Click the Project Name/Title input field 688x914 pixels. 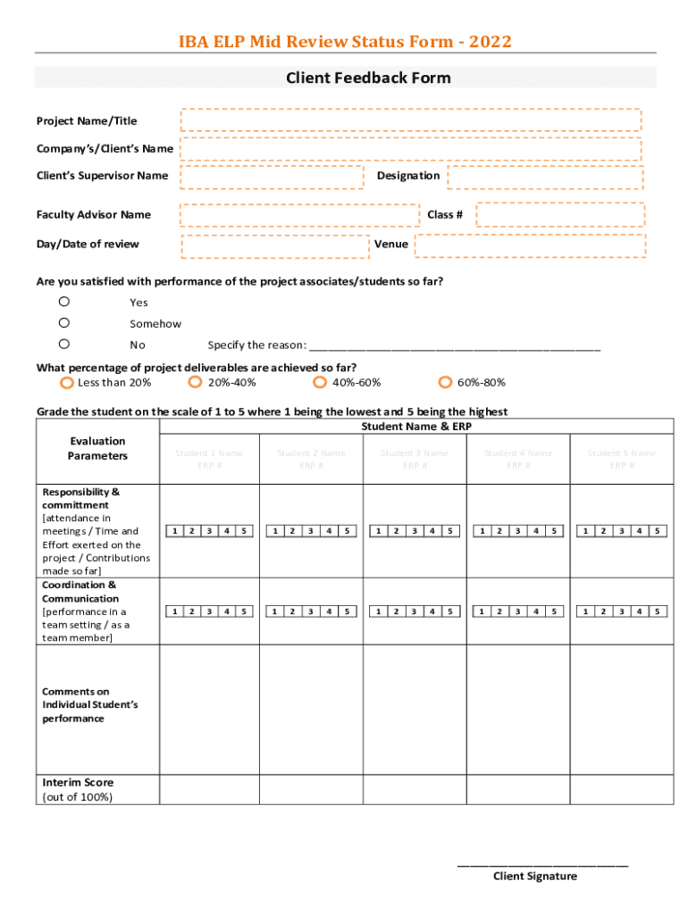point(411,120)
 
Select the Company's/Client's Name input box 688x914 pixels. point(411,148)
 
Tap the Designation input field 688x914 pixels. point(545,177)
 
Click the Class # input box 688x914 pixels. point(559,214)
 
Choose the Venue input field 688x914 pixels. point(529,245)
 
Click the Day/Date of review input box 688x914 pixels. point(275,245)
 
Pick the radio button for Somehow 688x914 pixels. point(64,323)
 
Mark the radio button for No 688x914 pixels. point(64,344)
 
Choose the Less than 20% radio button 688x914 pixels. point(66,383)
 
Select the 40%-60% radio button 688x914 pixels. point(320,383)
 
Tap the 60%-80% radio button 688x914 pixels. point(445,383)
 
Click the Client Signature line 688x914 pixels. point(542,864)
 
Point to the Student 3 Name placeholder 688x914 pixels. point(415,453)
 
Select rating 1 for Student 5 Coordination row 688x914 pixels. point(587,611)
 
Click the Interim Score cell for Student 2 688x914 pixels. point(311,789)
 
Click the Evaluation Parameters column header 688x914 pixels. point(97,449)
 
